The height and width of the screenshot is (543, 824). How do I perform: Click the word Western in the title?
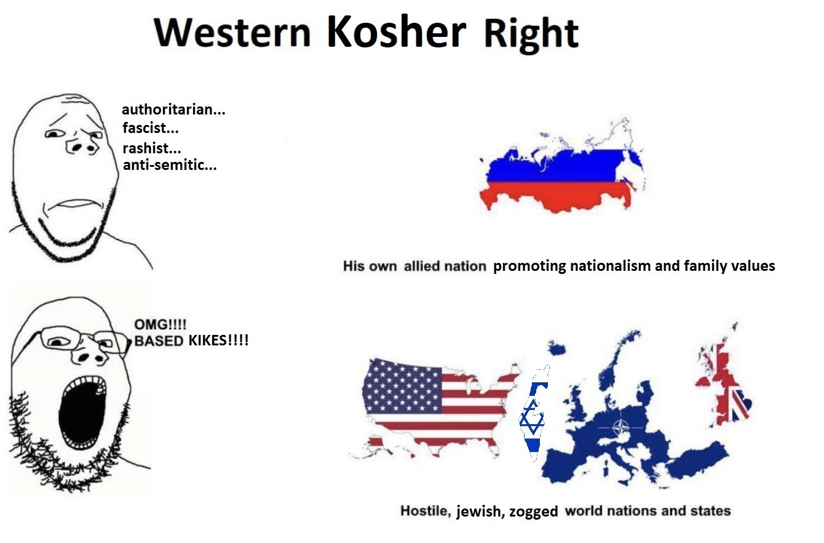point(232,33)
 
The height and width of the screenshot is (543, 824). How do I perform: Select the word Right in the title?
point(531,34)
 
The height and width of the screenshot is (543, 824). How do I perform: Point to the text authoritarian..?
point(173,110)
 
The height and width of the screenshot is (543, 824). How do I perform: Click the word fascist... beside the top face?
point(151,128)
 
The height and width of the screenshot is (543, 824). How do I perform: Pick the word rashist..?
point(151,148)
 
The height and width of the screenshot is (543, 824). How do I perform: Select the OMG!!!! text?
point(160,324)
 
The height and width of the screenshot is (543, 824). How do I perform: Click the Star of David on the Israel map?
point(531,419)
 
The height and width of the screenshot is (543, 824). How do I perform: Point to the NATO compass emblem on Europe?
point(621,427)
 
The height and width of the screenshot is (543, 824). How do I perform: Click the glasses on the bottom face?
point(83,340)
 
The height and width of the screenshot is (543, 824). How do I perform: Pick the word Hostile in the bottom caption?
point(426,511)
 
